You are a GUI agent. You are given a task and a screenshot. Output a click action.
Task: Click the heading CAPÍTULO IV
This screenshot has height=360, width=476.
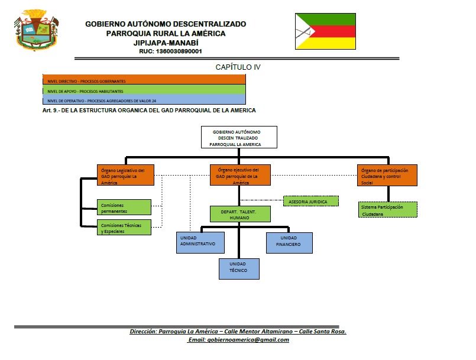[x=238, y=67]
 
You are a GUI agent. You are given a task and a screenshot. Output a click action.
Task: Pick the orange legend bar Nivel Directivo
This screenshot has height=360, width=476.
[x=144, y=80]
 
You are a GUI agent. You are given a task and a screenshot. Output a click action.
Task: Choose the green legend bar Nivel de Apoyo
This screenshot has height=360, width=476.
[x=144, y=90]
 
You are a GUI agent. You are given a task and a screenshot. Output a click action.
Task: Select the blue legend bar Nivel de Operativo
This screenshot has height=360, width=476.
[x=144, y=100]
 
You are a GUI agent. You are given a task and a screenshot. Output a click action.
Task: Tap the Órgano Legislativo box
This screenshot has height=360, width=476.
[x=125, y=175]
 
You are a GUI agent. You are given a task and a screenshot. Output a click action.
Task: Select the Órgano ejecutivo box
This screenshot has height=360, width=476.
[x=239, y=175]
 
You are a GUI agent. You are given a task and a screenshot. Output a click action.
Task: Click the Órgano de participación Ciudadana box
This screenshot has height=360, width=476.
[x=388, y=175]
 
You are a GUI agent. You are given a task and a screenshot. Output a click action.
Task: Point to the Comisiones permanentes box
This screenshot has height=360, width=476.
[x=124, y=207]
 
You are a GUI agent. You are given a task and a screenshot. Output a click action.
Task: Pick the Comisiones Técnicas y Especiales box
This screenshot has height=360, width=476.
[x=124, y=227]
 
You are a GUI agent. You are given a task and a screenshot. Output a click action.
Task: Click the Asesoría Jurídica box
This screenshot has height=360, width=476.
[x=311, y=201]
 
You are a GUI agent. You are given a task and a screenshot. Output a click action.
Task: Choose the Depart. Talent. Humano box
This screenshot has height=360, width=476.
[x=240, y=214]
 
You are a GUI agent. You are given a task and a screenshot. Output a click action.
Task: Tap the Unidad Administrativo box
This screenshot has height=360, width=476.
[x=201, y=242]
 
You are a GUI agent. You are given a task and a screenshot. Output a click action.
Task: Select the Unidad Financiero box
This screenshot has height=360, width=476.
[x=289, y=242]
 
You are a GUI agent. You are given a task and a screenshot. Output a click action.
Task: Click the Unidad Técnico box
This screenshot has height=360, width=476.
[x=238, y=269]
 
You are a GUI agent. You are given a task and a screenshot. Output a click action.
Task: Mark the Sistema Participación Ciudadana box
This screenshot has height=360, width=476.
[x=387, y=210]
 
